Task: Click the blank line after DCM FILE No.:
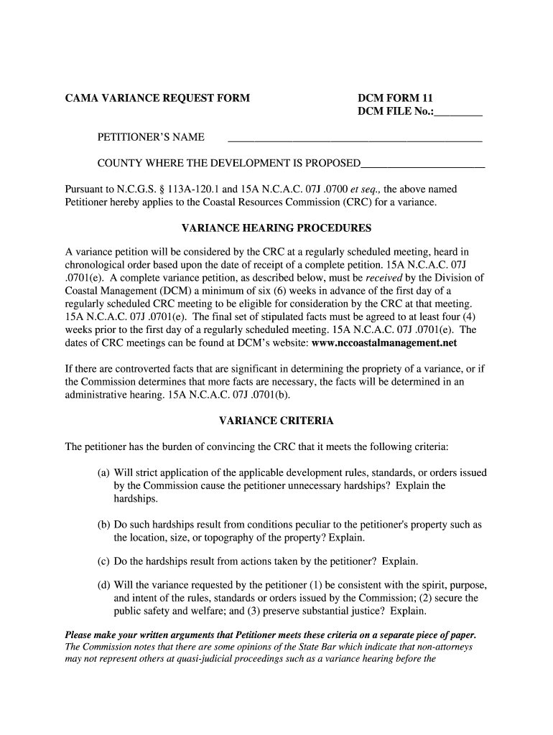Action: tap(459, 113)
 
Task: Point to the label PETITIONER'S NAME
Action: tap(151, 137)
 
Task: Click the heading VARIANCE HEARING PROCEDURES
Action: tap(276, 228)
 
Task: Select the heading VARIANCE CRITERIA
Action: tap(276, 421)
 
